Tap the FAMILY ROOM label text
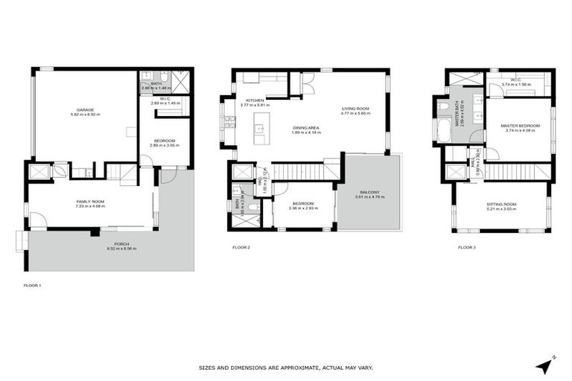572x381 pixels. coord(89,202)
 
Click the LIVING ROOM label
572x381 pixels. coord(355,109)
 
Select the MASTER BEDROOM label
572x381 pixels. coord(519,125)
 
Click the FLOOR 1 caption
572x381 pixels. coord(33,285)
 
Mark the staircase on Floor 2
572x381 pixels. coord(298,173)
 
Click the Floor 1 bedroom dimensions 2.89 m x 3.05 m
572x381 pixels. coord(164,146)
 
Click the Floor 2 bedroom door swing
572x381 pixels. coord(281,188)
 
